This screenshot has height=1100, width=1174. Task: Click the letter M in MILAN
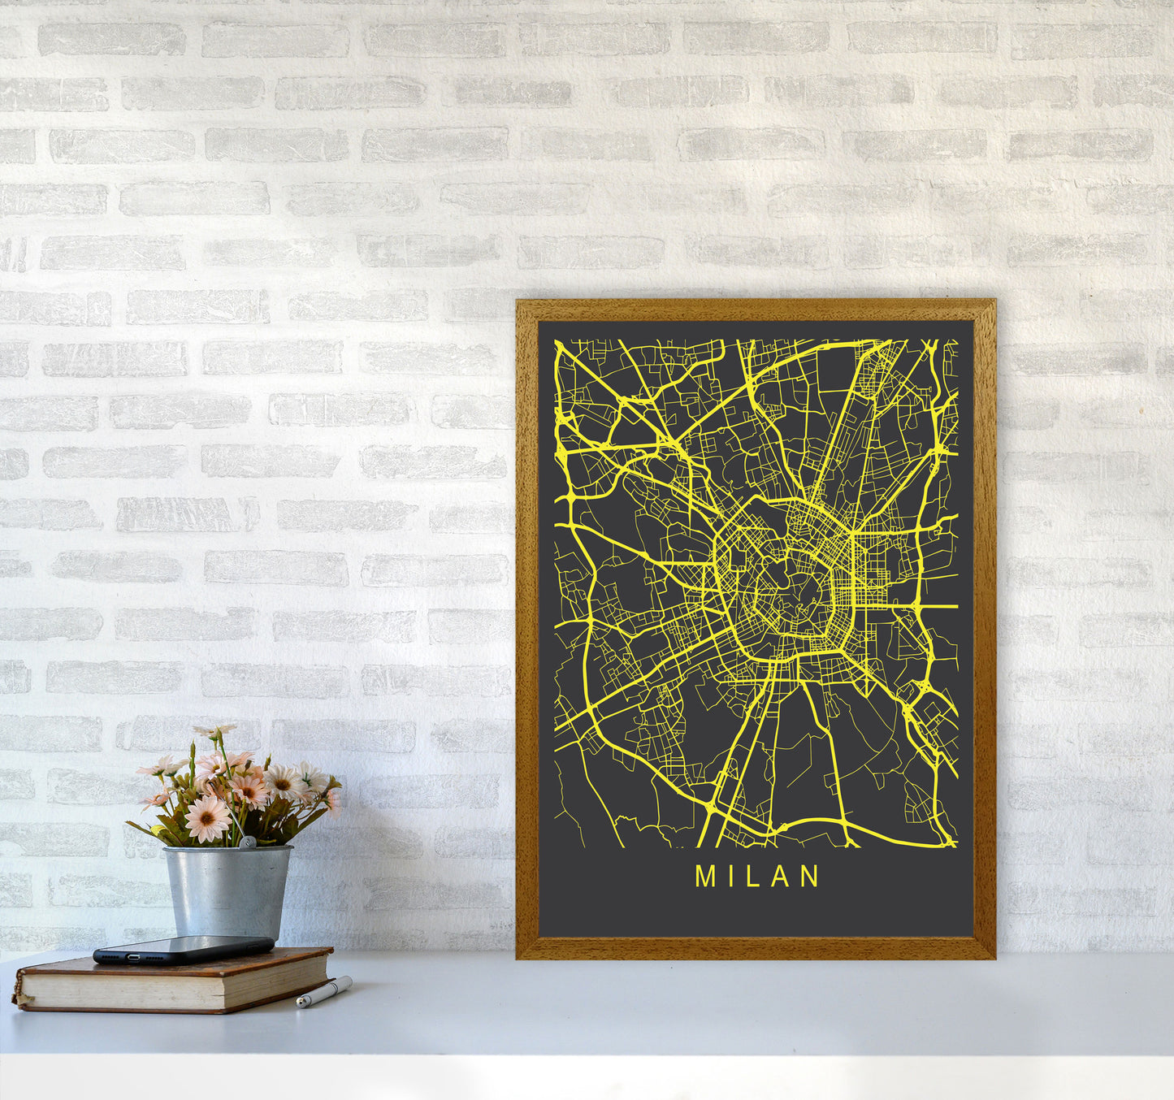[x=704, y=876]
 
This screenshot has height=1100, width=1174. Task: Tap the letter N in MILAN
[x=810, y=876]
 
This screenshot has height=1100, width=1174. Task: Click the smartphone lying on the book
[x=184, y=949]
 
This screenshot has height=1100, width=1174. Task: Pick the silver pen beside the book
[x=323, y=992]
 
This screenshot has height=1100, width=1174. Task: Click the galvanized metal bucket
[x=227, y=890]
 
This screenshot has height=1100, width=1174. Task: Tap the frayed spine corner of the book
[x=18, y=991]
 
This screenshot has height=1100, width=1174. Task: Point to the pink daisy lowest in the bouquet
[x=207, y=818]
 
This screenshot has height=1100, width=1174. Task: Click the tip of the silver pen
[x=300, y=1005]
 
